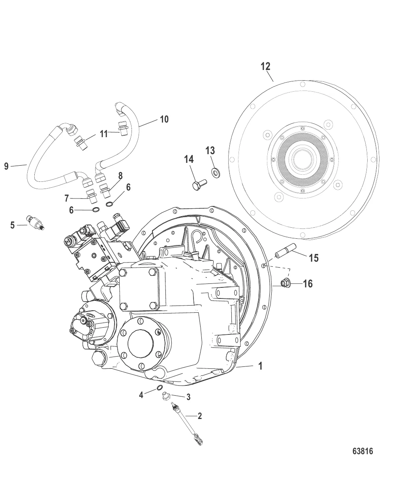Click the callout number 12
coord(266,66)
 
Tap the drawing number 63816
coord(362,451)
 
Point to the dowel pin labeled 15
coord(285,252)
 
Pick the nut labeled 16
coord(284,282)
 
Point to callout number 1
coord(260,366)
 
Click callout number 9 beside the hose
coord(6,166)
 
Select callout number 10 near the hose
coord(164,119)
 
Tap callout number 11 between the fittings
coord(103,134)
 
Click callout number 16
coord(308,283)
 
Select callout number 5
coord(13,225)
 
